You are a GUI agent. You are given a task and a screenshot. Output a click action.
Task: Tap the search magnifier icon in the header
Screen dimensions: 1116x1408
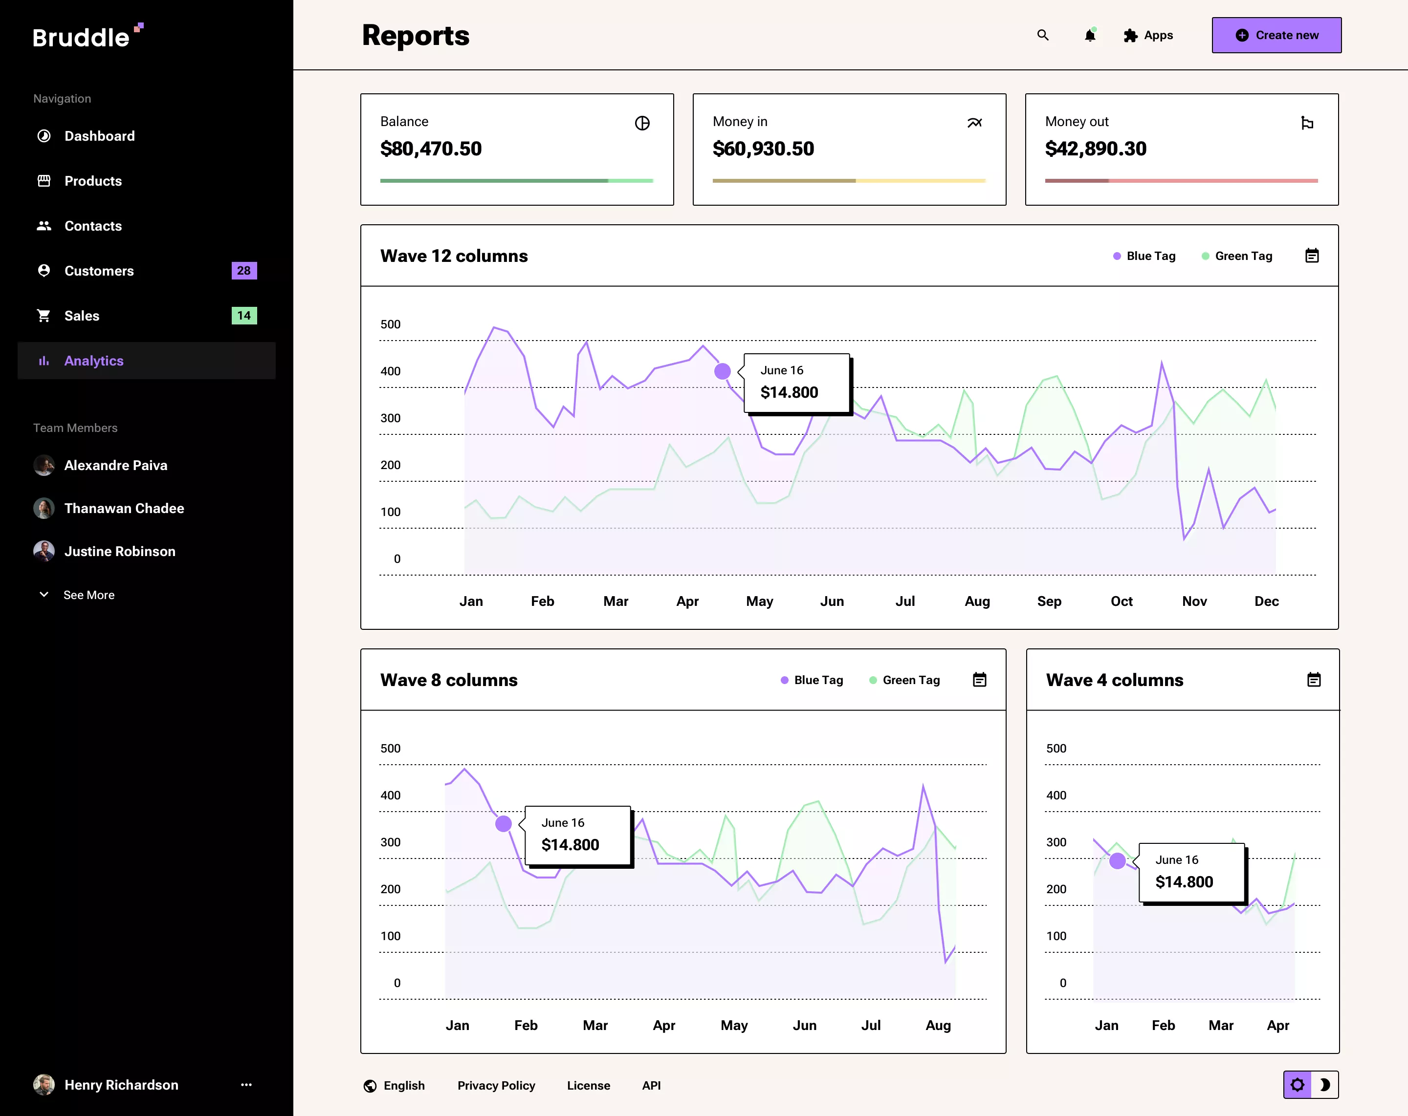click(x=1043, y=35)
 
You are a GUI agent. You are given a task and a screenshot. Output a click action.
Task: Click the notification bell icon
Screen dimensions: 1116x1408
click(x=1090, y=35)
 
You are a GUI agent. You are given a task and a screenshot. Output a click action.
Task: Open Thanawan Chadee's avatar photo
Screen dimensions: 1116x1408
click(x=44, y=508)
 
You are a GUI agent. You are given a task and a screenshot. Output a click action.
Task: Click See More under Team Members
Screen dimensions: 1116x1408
click(x=89, y=595)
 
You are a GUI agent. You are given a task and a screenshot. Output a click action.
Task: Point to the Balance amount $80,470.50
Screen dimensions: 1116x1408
click(x=431, y=149)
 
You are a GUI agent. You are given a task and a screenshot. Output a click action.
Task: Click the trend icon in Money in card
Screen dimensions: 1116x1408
click(x=974, y=123)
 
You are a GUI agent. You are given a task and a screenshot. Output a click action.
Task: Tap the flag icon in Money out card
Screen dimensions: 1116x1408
click(x=1307, y=123)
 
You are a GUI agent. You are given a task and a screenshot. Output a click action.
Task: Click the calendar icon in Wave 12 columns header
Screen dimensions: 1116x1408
click(x=1312, y=256)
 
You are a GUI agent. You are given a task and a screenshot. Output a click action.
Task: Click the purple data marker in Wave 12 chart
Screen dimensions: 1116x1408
click(x=722, y=371)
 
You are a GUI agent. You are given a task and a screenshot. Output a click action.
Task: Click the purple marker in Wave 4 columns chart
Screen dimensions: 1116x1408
click(x=1118, y=861)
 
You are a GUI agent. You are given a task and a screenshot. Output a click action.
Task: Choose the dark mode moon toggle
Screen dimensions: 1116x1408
click(x=1325, y=1085)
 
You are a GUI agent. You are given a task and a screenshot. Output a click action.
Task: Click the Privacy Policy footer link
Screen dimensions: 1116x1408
click(x=496, y=1085)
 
